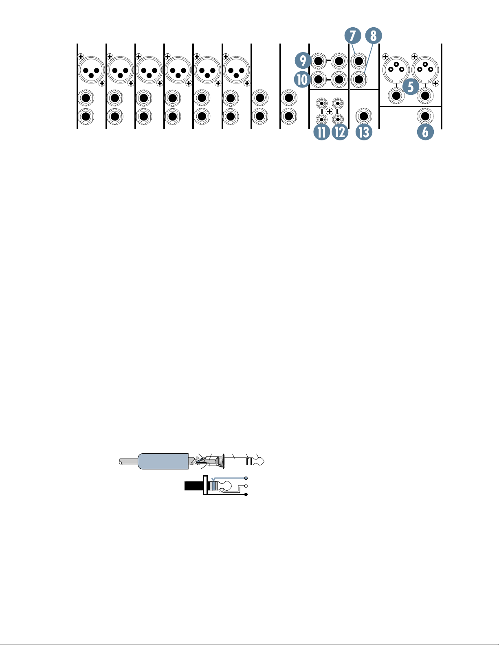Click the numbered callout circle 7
tap(353, 36)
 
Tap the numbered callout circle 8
tap(374, 36)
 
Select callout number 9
tap(303, 61)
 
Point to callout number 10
tap(302, 79)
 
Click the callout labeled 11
tap(322, 132)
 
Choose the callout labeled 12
tap(339, 132)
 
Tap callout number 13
tap(364, 132)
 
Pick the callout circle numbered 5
tap(411, 87)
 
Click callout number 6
tap(425, 132)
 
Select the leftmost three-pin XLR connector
tap(91, 70)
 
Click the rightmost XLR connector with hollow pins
tap(425, 70)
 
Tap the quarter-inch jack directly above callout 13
tap(364, 116)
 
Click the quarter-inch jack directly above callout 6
tap(425, 116)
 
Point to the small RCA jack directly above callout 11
tap(321, 120)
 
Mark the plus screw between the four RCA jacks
tap(330, 112)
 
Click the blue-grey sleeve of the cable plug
tap(163, 461)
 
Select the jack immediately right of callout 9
tap(318, 61)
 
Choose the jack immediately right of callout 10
tap(318, 79)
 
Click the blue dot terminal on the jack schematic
tap(246, 478)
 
